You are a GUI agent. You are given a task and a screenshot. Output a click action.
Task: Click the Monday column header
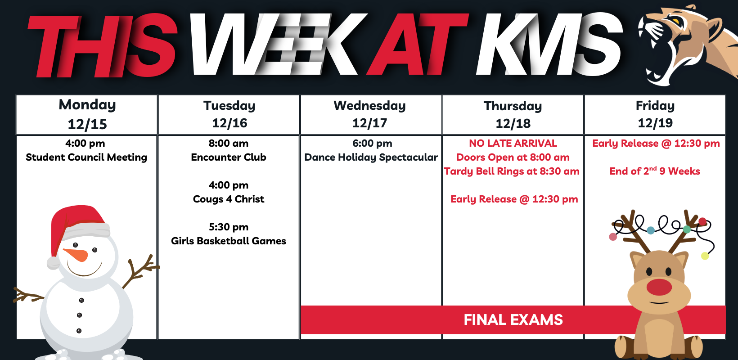tap(87, 105)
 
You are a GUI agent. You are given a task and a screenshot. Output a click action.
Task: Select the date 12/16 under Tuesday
tap(229, 123)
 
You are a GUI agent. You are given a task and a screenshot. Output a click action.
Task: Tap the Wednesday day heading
tap(369, 106)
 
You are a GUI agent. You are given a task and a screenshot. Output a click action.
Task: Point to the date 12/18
tap(513, 123)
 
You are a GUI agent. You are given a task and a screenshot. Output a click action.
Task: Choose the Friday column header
tap(655, 106)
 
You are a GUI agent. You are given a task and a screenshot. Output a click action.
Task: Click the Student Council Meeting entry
tap(86, 157)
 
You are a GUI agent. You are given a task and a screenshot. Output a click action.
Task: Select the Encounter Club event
tap(229, 157)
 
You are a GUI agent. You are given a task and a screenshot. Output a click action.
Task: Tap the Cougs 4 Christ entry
tap(229, 199)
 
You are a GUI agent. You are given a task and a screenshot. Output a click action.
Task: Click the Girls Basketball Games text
tap(229, 241)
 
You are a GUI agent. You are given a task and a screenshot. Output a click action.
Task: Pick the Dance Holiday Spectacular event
tap(371, 157)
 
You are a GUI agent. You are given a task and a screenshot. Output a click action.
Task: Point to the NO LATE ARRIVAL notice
tap(513, 143)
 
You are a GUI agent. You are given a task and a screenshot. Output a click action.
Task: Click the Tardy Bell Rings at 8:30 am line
tap(512, 171)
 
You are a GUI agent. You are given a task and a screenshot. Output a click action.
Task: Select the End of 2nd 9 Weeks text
tap(655, 171)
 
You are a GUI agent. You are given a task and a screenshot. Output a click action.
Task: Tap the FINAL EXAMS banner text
tap(513, 320)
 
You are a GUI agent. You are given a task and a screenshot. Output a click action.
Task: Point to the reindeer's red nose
tap(659, 287)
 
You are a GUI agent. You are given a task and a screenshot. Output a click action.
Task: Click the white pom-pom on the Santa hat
tap(53, 263)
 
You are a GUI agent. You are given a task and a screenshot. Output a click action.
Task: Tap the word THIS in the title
tap(103, 45)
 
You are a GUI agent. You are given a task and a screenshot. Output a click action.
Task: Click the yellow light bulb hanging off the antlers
tap(705, 256)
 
